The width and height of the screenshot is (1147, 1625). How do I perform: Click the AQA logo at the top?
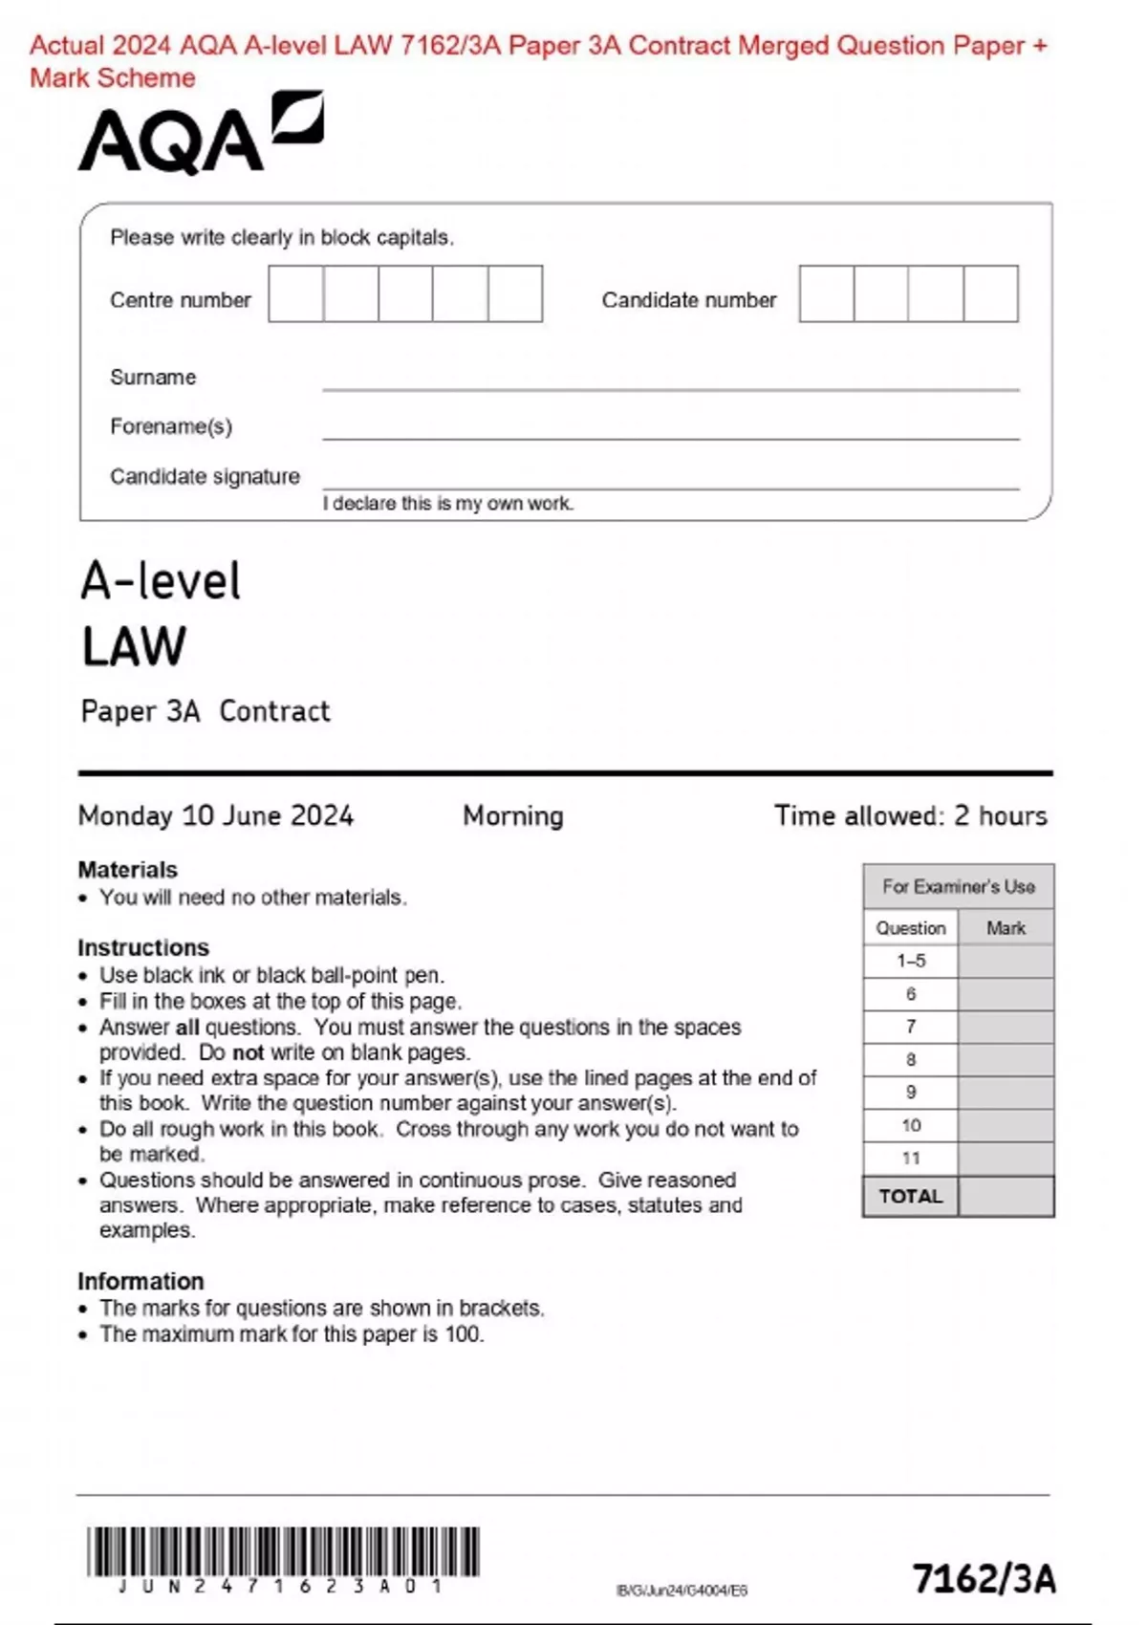(x=201, y=134)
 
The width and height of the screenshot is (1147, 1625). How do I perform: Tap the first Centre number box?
(x=295, y=293)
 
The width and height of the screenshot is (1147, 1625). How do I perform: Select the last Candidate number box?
(x=990, y=293)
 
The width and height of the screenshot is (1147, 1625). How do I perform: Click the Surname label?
(x=153, y=378)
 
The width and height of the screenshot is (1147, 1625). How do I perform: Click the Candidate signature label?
(x=205, y=476)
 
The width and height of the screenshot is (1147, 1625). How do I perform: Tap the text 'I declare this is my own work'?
(x=447, y=504)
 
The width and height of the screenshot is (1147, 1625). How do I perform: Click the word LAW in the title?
(x=134, y=647)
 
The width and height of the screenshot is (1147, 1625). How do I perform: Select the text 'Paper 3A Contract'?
(x=206, y=711)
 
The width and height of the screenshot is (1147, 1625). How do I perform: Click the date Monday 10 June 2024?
(x=216, y=815)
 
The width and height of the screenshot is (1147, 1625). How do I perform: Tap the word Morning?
(x=513, y=815)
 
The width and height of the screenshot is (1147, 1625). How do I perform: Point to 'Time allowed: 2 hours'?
(x=910, y=815)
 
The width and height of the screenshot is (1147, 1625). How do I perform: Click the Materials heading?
(x=127, y=870)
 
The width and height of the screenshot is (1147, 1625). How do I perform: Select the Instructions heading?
(x=143, y=947)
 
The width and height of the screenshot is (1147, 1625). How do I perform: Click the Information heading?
(x=141, y=1281)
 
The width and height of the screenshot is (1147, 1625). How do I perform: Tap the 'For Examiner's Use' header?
(x=958, y=886)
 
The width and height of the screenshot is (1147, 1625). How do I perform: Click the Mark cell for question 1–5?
(x=1006, y=961)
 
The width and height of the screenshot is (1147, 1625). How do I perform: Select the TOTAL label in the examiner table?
(x=910, y=1196)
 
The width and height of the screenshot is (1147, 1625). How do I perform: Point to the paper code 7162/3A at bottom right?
(x=985, y=1578)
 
